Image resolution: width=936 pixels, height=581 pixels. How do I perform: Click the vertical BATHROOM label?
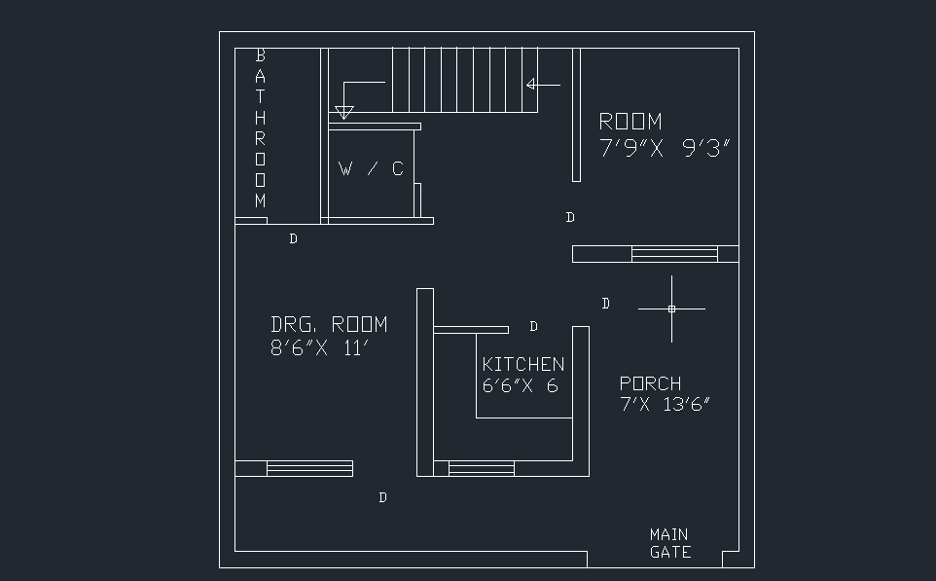(260, 128)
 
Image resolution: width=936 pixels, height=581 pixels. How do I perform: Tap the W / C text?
(371, 169)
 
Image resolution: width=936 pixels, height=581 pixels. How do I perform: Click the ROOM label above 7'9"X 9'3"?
(630, 122)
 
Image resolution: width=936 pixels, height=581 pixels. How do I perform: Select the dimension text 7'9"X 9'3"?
(665, 148)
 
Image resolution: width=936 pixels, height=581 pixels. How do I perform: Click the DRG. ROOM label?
(329, 324)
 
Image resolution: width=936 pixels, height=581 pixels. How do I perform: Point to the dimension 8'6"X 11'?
(318, 348)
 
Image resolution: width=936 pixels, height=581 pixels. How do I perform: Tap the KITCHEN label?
(522, 364)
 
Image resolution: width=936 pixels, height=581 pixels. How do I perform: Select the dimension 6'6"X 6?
(520, 385)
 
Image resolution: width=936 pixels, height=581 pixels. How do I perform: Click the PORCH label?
(650, 383)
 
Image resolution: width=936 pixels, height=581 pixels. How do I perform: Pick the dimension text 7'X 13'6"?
(665, 405)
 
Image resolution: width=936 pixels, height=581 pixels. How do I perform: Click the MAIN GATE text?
(669, 543)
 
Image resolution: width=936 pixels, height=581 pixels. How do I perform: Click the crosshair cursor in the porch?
(671, 309)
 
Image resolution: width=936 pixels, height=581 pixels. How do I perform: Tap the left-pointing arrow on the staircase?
(541, 85)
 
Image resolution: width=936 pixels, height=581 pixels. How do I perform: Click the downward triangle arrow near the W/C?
(343, 112)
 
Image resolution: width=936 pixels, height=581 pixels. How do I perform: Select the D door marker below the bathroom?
(293, 238)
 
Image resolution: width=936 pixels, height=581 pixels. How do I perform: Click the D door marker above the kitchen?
(533, 326)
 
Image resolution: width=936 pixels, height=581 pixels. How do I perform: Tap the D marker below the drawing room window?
(382, 497)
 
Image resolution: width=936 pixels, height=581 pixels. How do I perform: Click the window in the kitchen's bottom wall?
(481, 469)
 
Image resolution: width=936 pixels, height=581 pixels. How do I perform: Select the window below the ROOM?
(674, 254)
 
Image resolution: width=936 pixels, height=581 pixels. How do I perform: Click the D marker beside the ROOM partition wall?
(570, 217)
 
